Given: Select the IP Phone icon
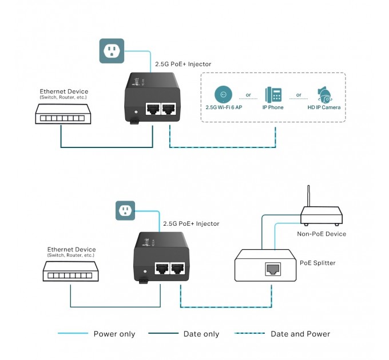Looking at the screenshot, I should coord(273,94).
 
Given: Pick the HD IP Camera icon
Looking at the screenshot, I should coord(324,94).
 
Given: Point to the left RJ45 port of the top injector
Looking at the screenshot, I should coord(153,108).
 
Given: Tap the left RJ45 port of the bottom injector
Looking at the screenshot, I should coord(162,268).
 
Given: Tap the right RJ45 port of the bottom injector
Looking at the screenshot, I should coord(178,268).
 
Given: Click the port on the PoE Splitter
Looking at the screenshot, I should coord(272,270).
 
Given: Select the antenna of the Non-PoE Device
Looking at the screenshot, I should coord(309,197).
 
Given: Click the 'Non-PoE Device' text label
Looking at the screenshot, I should coord(321,234).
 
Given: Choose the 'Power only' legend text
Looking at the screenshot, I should coord(114,334).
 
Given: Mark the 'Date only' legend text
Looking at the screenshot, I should coord(201,334).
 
